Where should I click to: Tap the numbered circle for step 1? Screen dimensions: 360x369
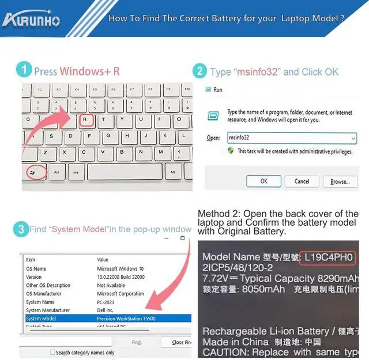pyautogui.click(x=24, y=71)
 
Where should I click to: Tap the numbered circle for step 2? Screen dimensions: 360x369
pyautogui.click(x=199, y=71)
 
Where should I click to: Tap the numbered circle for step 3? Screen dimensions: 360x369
pyautogui.click(x=21, y=229)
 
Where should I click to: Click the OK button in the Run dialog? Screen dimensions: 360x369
pyautogui.click(x=263, y=181)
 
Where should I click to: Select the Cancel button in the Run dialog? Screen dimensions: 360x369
pyautogui.click(x=302, y=181)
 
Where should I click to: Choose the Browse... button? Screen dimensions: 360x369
pyautogui.click(x=340, y=181)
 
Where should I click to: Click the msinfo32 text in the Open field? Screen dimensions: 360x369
pyautogui.click(x=239, y=138)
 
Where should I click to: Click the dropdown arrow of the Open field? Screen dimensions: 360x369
pyautogui.click(x=353, y=138)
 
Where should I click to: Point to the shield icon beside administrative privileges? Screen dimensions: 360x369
pyautogui.click(x=231, y=151)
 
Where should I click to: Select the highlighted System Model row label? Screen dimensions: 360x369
pyautogui.click(x=41, y=319)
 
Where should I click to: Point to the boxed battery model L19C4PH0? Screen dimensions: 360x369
pyautogui.click(x=328, y=257)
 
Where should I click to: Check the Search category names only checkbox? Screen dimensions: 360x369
pyautogui.click(x=52, y=353)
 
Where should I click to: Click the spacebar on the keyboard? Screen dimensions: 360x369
pyautogui.click(x=124, y=172)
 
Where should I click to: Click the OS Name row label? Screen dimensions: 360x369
pyautogui.click(x=36, y=268)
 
